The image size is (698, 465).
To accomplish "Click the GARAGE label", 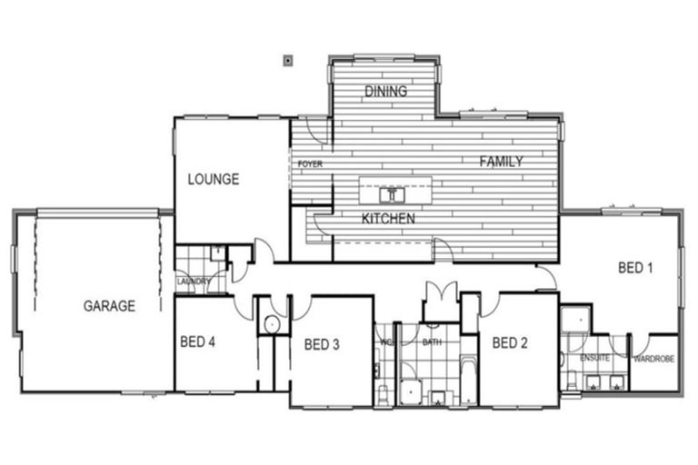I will coord(109,306).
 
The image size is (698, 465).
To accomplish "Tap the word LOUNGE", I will coord(214,179).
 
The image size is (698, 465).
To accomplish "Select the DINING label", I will coord(385,92).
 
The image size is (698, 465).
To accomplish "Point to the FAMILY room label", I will coord(501,162).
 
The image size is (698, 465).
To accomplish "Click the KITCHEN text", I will coord(388,218).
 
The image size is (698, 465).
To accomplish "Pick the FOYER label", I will coord(310,163).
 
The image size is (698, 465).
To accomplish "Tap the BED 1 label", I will coord(635,267).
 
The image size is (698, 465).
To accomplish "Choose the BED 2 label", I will coord(510,342).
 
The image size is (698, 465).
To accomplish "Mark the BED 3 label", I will coord(322,343).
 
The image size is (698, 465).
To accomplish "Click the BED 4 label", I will coord(197,342).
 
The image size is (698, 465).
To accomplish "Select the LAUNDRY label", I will coord(194,282).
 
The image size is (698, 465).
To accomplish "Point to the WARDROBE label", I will coord(653,360).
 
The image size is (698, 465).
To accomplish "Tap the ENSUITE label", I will coord(595,360).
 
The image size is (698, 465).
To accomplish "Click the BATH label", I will coord(432,342).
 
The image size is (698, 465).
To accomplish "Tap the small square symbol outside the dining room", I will coord(288,61).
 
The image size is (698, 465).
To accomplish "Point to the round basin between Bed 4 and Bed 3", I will coord(271,325).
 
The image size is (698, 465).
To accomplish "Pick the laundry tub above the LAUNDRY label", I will coord(218,253).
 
